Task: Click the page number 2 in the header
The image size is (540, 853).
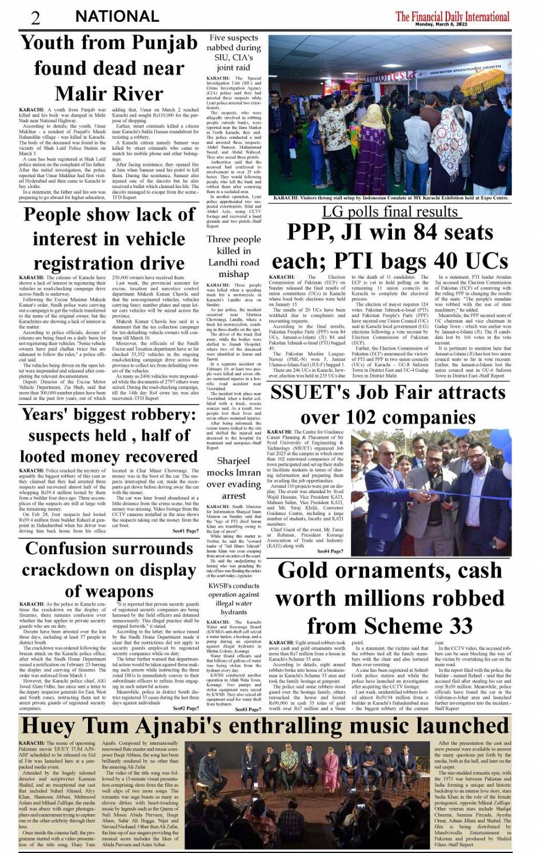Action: coord(35,17)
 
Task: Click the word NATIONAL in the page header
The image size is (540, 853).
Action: coord(117,17)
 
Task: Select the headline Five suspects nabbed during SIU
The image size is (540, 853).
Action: coord(234,53)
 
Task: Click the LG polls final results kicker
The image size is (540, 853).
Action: coord(390,212)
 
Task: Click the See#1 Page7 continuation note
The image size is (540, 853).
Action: coord(185,531)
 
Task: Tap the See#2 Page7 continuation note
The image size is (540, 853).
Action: coord(185,708)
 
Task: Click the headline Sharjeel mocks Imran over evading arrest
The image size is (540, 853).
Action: coord(234,478)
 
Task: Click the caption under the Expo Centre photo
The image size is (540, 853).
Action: coord(390,198)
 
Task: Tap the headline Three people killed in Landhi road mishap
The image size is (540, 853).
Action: coord(234,257)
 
